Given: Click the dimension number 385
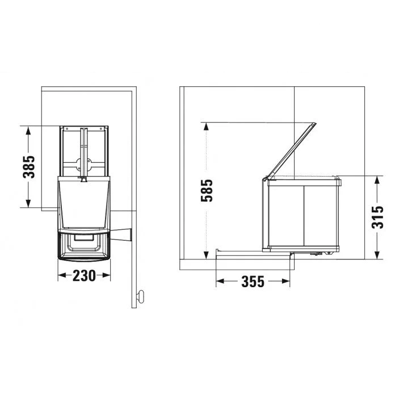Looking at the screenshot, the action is (29, 167).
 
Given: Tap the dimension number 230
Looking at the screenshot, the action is (84, 276).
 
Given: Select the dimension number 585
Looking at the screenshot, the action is (207, 191).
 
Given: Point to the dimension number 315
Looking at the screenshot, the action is (377, 217).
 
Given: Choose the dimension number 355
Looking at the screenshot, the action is (253, 282).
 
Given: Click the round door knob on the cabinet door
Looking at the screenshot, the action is (140, 296).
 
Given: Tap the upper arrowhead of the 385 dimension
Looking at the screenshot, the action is (28, 131).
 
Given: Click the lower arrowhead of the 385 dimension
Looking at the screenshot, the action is (28, 203).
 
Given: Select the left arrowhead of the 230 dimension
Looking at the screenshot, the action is (62, 275).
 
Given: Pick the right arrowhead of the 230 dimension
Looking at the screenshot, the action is (106, 275).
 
